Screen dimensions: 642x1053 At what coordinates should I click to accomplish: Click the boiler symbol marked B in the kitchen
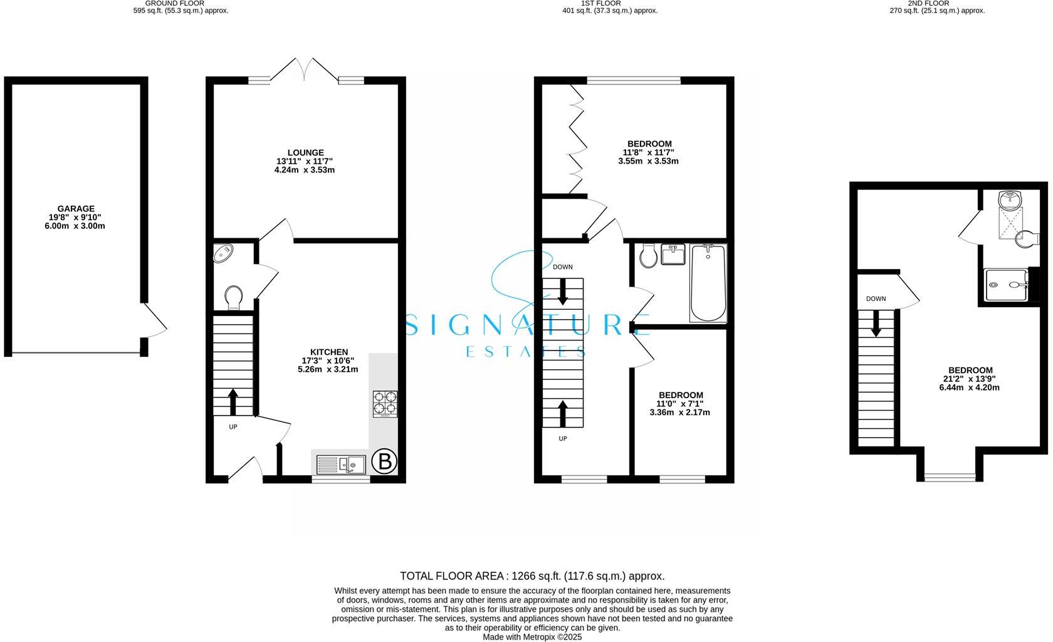[x=384, y=462]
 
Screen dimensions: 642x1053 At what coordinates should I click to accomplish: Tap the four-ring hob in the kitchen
[x=385, y=404]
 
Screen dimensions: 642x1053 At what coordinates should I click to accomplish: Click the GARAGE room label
[x=76, y=209]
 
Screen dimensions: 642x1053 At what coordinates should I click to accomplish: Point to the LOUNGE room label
[x=305, y=152]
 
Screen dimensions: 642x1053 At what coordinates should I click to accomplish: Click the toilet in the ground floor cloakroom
[x=233, y=297]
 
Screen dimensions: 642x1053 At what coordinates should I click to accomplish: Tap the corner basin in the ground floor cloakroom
[x=223, y=254]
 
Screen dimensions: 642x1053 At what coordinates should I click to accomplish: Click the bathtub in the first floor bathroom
[x=708, y=283]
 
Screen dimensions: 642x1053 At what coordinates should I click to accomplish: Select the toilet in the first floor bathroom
[x=648, y=255]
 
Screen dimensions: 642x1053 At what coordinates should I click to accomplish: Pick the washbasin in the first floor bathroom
[x=674, y=255]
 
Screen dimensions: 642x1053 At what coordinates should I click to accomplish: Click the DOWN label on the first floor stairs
[x=562, y=267]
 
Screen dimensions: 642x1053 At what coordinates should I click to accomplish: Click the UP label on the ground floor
[x=233, y=427]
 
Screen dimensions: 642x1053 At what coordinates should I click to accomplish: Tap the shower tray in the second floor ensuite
[x=1007, y=285]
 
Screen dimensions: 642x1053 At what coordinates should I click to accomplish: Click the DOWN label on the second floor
[x=876, y=299]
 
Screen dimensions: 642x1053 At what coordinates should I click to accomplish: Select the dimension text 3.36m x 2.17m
[x=679, y=413]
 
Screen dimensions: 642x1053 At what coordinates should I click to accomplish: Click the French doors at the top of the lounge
[x=305, y=70]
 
